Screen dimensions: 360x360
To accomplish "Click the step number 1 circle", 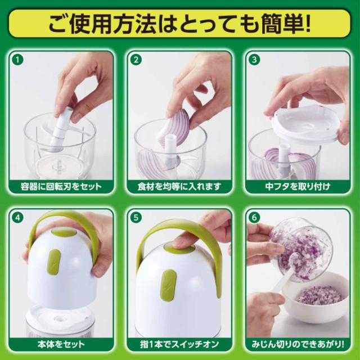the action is [x=18, y=60].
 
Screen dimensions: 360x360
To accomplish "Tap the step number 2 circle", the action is [x=136, y=60].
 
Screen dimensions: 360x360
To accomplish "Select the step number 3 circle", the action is [x=254, y=60].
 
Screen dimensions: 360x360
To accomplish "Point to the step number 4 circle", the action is [x=18, y=217].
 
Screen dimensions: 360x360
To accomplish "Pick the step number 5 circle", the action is [x=136, y=217].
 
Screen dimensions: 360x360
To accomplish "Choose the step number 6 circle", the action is [x=254, y=217].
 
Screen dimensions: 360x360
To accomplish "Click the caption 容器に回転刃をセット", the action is [x=61, y=186].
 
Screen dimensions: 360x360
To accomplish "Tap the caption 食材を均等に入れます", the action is [x=179, y=186].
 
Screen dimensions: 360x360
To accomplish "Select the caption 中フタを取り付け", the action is [x=298, y=186].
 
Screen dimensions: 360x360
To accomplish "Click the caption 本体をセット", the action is [x=61, y=344].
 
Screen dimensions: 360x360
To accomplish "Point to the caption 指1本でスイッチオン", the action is [x=179, y=344].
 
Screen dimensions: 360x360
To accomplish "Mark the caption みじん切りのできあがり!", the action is [x=298, y=344].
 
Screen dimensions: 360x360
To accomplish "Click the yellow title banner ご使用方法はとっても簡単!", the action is [x=179, y=24].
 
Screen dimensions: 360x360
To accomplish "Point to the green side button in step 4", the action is [x=53, y=260].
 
